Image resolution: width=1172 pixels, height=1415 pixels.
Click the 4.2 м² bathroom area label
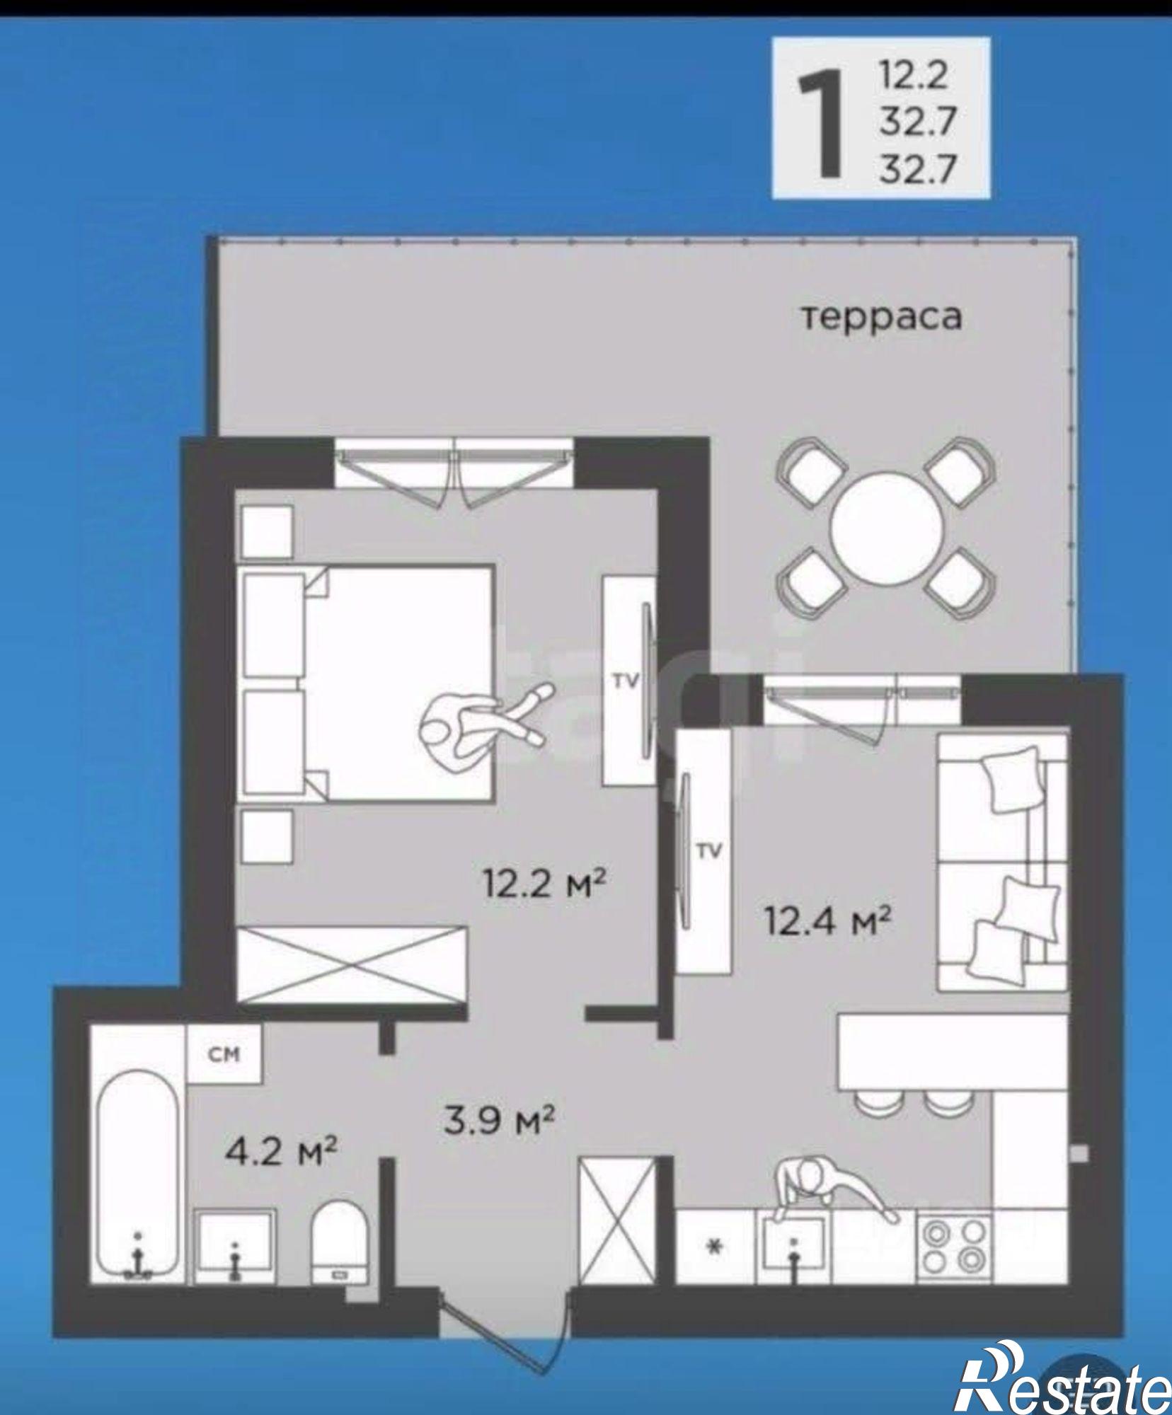pos(280,1151)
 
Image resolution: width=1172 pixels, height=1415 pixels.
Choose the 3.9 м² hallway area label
pos(498,1119)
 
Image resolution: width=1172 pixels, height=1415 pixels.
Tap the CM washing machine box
pos(224,1054)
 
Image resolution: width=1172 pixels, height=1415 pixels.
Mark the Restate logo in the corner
pos(1062,1375)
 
